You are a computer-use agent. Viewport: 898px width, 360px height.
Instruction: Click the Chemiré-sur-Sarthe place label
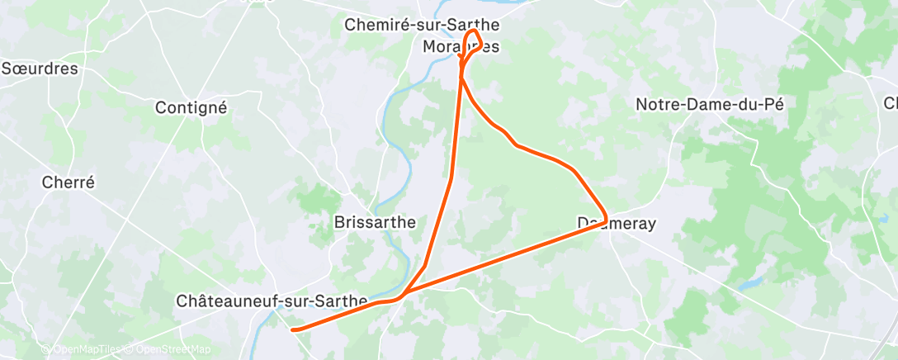421,26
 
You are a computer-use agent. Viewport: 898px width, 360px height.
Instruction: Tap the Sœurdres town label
40,68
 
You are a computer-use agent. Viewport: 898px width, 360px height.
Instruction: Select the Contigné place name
191,107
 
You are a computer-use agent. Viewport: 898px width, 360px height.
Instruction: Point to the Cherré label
70,182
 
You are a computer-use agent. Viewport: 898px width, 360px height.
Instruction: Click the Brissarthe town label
374,222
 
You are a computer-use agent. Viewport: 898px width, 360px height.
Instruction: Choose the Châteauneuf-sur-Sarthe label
271,301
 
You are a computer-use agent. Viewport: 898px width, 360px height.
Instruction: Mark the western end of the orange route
293,329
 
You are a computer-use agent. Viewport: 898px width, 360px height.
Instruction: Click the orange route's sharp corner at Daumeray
606,216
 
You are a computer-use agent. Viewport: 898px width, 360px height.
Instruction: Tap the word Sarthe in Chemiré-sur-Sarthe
475,26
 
